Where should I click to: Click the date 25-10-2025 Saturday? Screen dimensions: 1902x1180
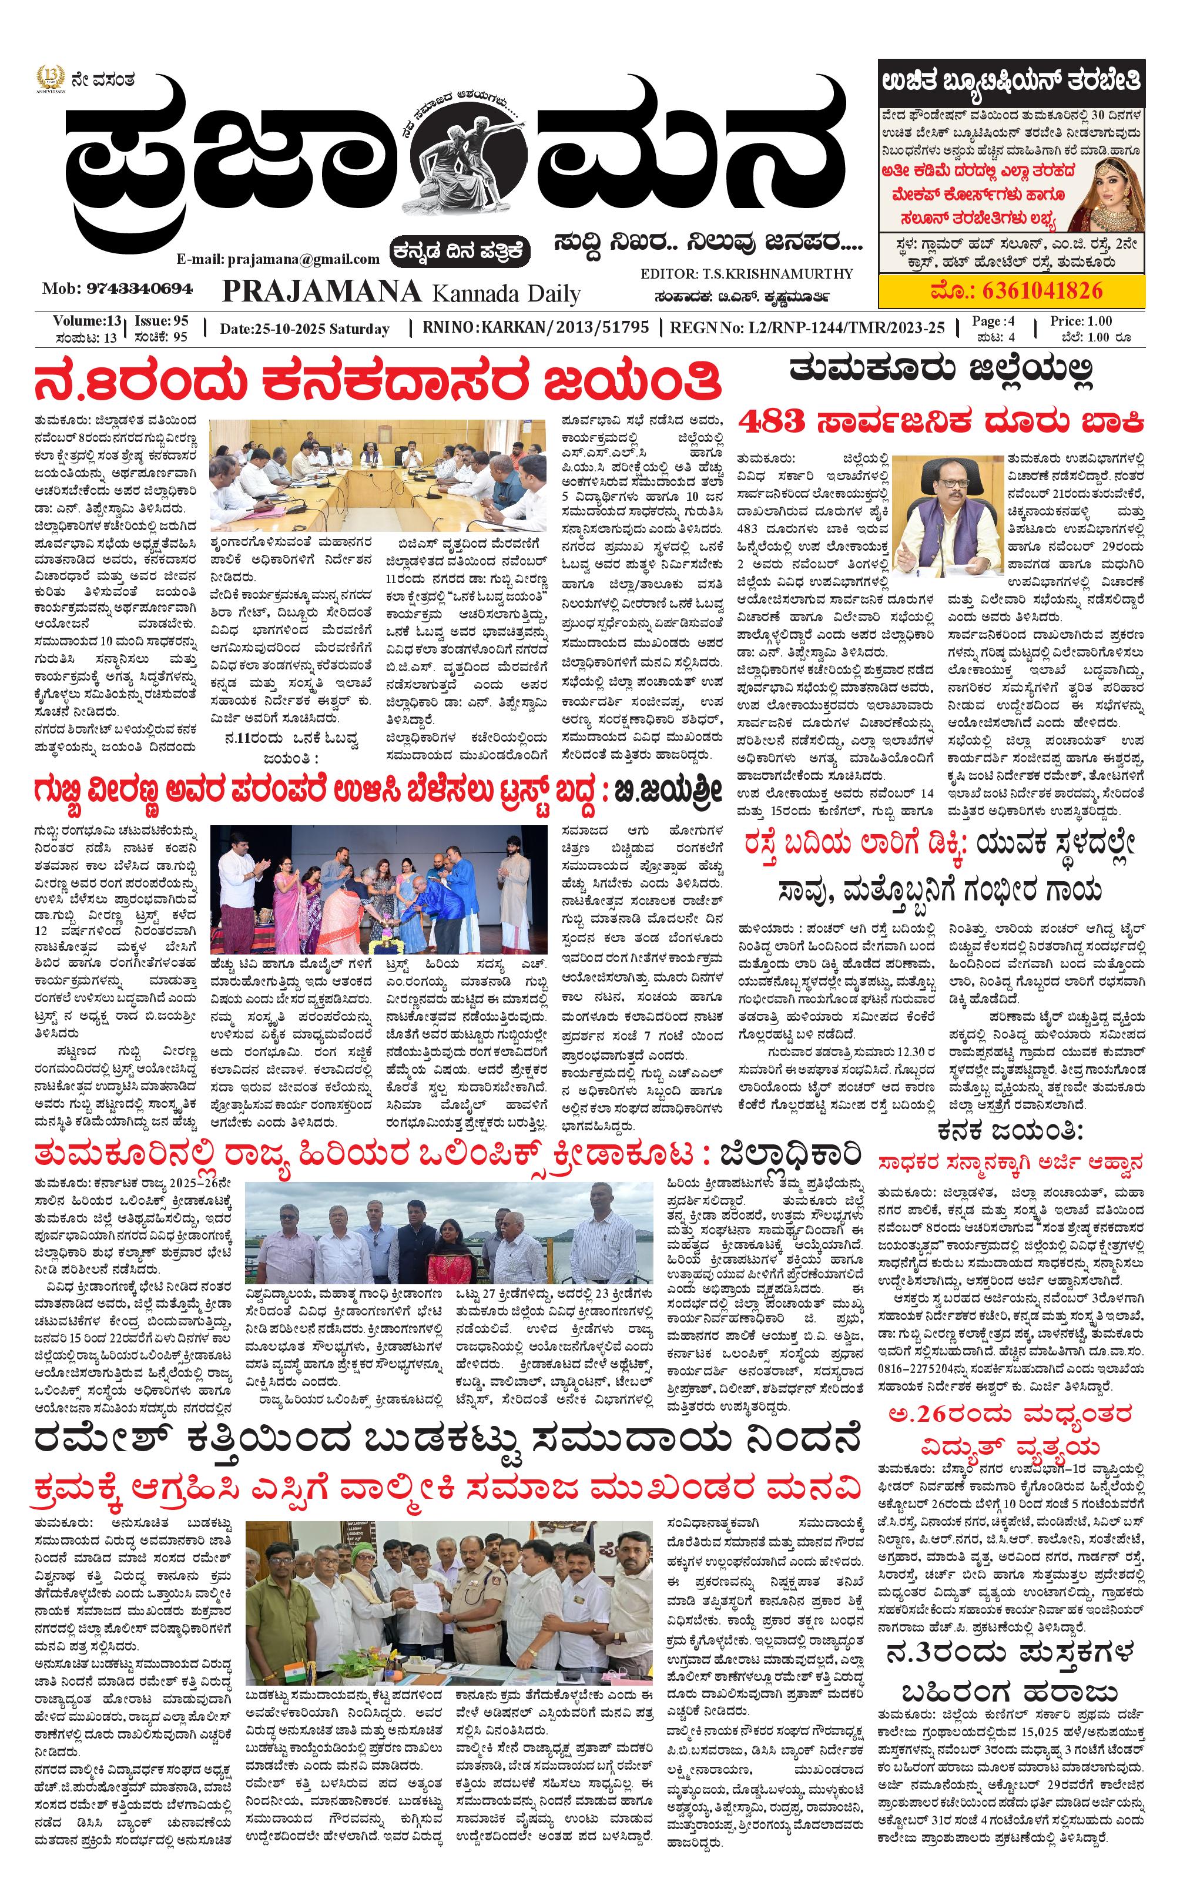(304, 329)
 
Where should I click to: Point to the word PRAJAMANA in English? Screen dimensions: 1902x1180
(321, 292)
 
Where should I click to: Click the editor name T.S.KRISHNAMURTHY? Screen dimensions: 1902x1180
(780, 274)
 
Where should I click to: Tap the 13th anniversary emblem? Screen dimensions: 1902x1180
(50, 79)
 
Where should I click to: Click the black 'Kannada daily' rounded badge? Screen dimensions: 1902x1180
(462, 252)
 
